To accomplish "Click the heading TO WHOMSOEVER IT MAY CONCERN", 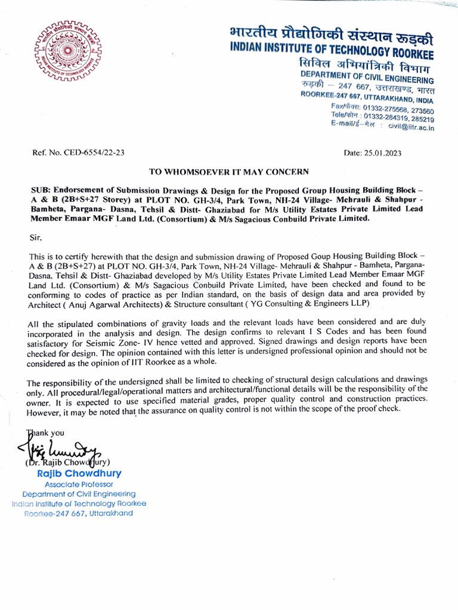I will pyautogui.click(x=229, y=172).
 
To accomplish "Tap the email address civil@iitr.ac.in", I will pyautogui.click(x=411, y=127).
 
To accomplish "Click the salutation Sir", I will pyautogui.click(x=36, y=236).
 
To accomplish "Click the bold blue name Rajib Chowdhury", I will pyautogui.click(x=79, y=474).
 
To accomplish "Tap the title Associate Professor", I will pyautogui.click(x=79, y=484).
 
